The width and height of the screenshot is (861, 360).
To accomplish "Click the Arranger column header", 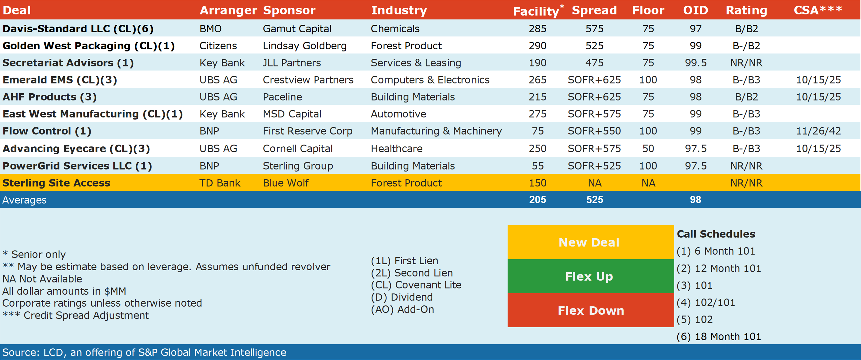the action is tap(228, 10).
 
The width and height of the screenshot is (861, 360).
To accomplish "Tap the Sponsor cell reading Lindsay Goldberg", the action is tap(304, 46).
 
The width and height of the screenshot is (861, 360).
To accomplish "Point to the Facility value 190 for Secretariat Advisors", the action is tap(537, 63).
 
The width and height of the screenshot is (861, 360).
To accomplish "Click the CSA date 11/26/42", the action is tap(818, 131).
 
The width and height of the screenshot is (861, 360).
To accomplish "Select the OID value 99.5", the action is tap(696, 63).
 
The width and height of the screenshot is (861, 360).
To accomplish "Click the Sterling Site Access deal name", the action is tap(56, 183).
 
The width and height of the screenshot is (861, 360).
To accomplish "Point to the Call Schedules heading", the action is tap(716, 234).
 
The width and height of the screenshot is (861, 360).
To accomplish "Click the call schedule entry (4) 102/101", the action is tap(706, 302).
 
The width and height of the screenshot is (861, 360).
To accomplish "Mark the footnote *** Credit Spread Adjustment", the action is tap(75, 315).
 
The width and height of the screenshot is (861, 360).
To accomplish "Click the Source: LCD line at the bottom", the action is tap(144, 352).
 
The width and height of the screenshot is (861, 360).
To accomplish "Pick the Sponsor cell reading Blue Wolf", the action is tap(286, 183).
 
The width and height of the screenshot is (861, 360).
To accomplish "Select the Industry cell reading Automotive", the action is tap(398, 114).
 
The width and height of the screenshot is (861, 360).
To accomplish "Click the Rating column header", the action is tap(746, 10).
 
